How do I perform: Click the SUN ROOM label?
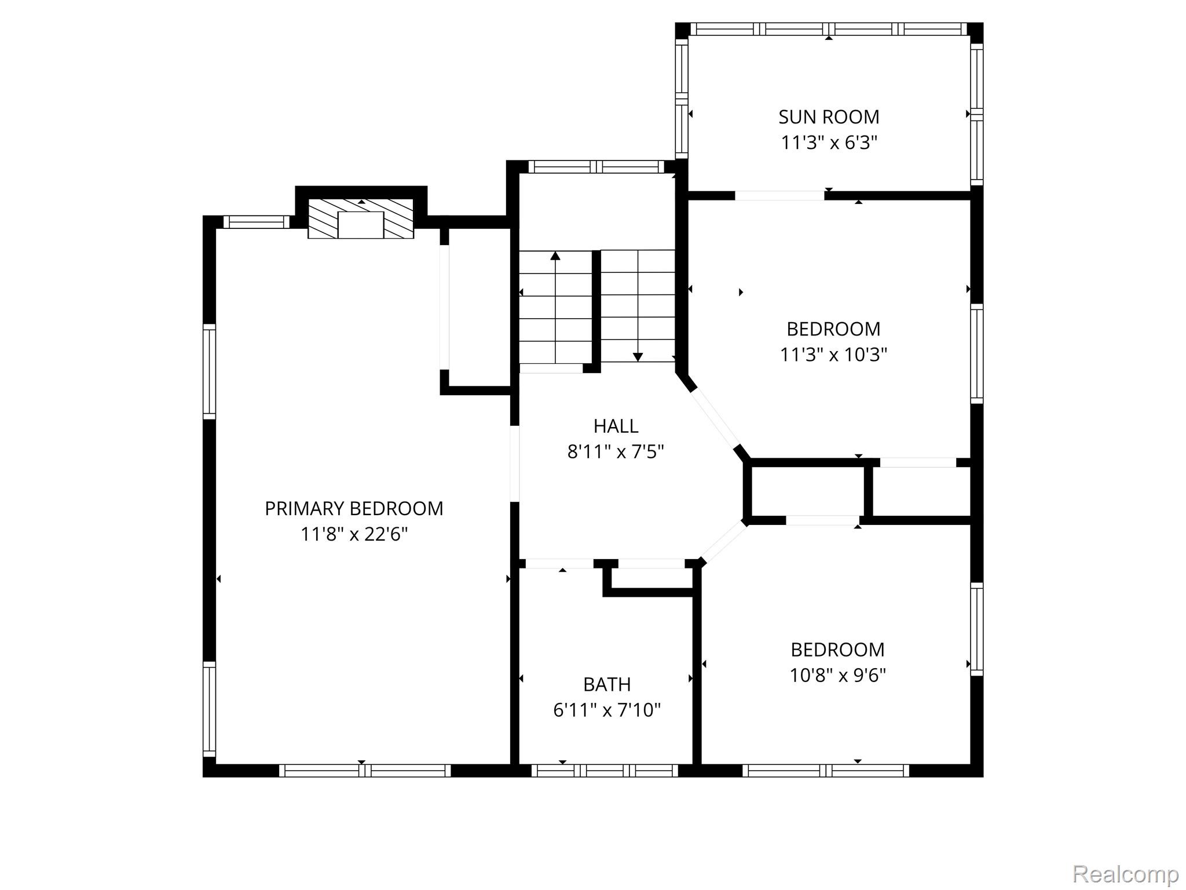829,117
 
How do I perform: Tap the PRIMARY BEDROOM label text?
354,509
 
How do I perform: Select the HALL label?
616,426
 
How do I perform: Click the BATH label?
607,685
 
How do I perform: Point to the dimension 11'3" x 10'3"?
833,354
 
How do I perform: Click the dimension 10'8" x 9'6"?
838,675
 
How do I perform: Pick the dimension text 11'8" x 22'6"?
354,534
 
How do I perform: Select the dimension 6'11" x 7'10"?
607,710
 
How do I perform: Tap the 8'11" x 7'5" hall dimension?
616,451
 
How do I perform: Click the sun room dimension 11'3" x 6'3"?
829,142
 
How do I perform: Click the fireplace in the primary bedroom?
361,218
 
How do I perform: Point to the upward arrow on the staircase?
555,307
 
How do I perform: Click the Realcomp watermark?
1125,873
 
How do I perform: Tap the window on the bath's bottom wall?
605,771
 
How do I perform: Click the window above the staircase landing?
596,167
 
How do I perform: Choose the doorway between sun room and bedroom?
779,195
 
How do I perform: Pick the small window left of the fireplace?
256,222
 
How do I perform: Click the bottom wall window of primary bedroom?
365,771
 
